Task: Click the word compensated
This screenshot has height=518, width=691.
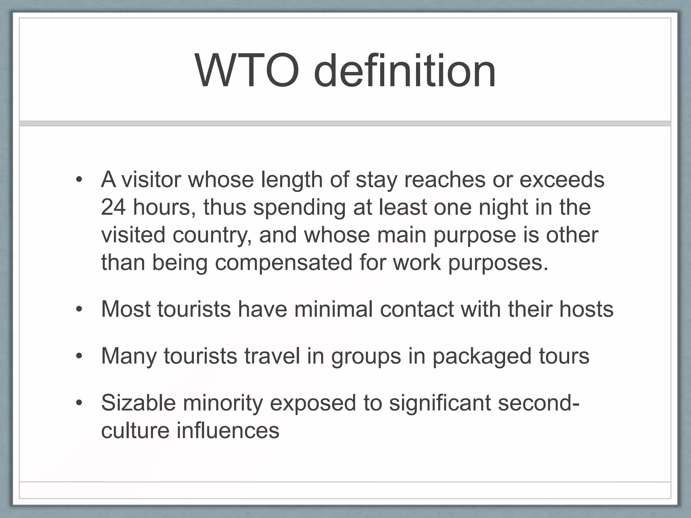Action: [283, 263]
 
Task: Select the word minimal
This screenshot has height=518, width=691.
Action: [333, 309]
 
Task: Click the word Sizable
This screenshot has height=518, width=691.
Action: [138, 403]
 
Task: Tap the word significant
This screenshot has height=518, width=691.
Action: [440, 403]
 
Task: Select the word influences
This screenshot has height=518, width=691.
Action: [228, 431]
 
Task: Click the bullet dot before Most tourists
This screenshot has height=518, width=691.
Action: [79, 310]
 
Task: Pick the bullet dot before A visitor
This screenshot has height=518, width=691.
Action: [79, 180]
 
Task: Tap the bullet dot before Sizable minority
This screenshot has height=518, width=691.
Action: [79, 403]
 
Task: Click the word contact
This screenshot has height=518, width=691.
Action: [417, 309]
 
